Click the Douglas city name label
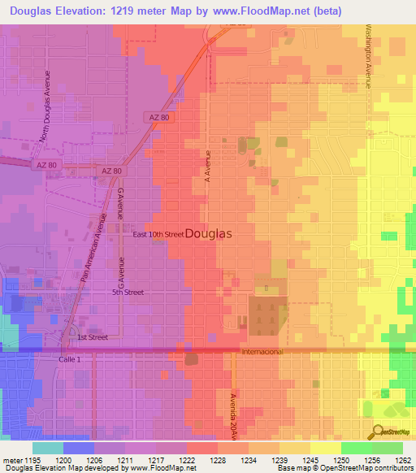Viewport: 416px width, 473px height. point(209,233)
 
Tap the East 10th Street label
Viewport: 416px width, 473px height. point(158,234)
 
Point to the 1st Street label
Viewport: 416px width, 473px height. point(93,336)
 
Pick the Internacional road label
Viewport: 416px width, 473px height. point(262,352)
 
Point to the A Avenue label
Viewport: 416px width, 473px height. point(208,163)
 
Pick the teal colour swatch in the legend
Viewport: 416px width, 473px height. point(48,448)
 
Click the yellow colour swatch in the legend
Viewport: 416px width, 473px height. point(326,448)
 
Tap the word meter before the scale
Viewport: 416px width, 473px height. point(13,460)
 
